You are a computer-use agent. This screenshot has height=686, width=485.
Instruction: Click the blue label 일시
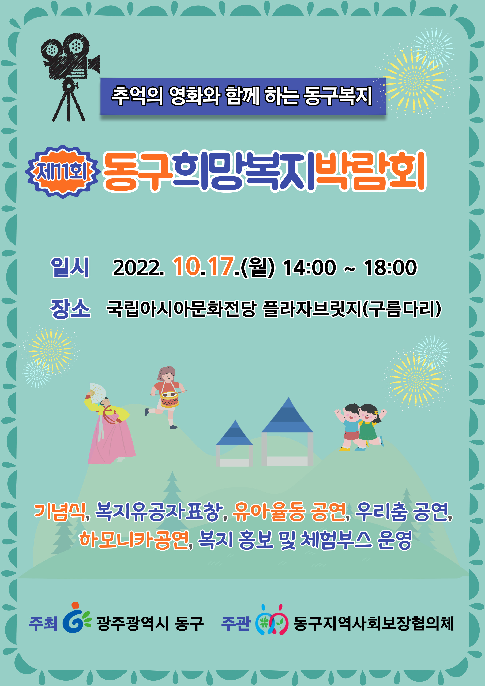tap(70, 267)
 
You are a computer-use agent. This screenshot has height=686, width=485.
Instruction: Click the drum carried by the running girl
tap(170, 399)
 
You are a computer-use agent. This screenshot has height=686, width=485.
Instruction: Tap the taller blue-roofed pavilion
tap(287, 432)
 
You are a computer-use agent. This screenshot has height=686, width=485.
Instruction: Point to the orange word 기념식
tap(60, 512)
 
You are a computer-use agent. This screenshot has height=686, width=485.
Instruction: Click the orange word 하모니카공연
tap(134, 540)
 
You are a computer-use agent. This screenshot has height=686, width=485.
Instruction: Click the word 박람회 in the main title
tap(371, 172)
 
